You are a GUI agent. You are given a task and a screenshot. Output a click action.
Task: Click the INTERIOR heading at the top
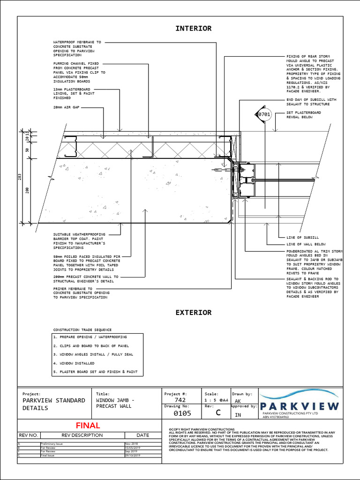click(193, 29)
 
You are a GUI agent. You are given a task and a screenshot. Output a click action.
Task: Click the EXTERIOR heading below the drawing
click(193, 313)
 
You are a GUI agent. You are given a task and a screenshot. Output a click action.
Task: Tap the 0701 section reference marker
click(264, 114)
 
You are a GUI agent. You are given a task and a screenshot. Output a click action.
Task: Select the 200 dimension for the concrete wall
click(28, 190)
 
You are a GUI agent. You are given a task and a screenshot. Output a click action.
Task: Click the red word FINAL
click(88, 426)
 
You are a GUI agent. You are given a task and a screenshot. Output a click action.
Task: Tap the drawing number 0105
click(182, 414)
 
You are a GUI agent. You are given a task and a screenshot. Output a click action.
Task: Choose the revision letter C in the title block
click(217, 413)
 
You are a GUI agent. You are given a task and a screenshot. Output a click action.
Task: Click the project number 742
click(180, 400)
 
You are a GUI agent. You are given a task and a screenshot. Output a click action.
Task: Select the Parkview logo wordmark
click(300, 406)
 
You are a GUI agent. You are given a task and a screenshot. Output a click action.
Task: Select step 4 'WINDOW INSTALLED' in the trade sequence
click(74, 363)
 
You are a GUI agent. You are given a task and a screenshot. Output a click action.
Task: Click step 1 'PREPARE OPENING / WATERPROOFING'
click(90, 337)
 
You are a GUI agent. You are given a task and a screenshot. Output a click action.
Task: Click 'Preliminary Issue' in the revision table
click(52, 443)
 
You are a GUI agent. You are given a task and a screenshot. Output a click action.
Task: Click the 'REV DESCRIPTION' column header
click(82, 435)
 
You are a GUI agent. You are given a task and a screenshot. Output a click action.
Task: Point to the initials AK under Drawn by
click(238, 401)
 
